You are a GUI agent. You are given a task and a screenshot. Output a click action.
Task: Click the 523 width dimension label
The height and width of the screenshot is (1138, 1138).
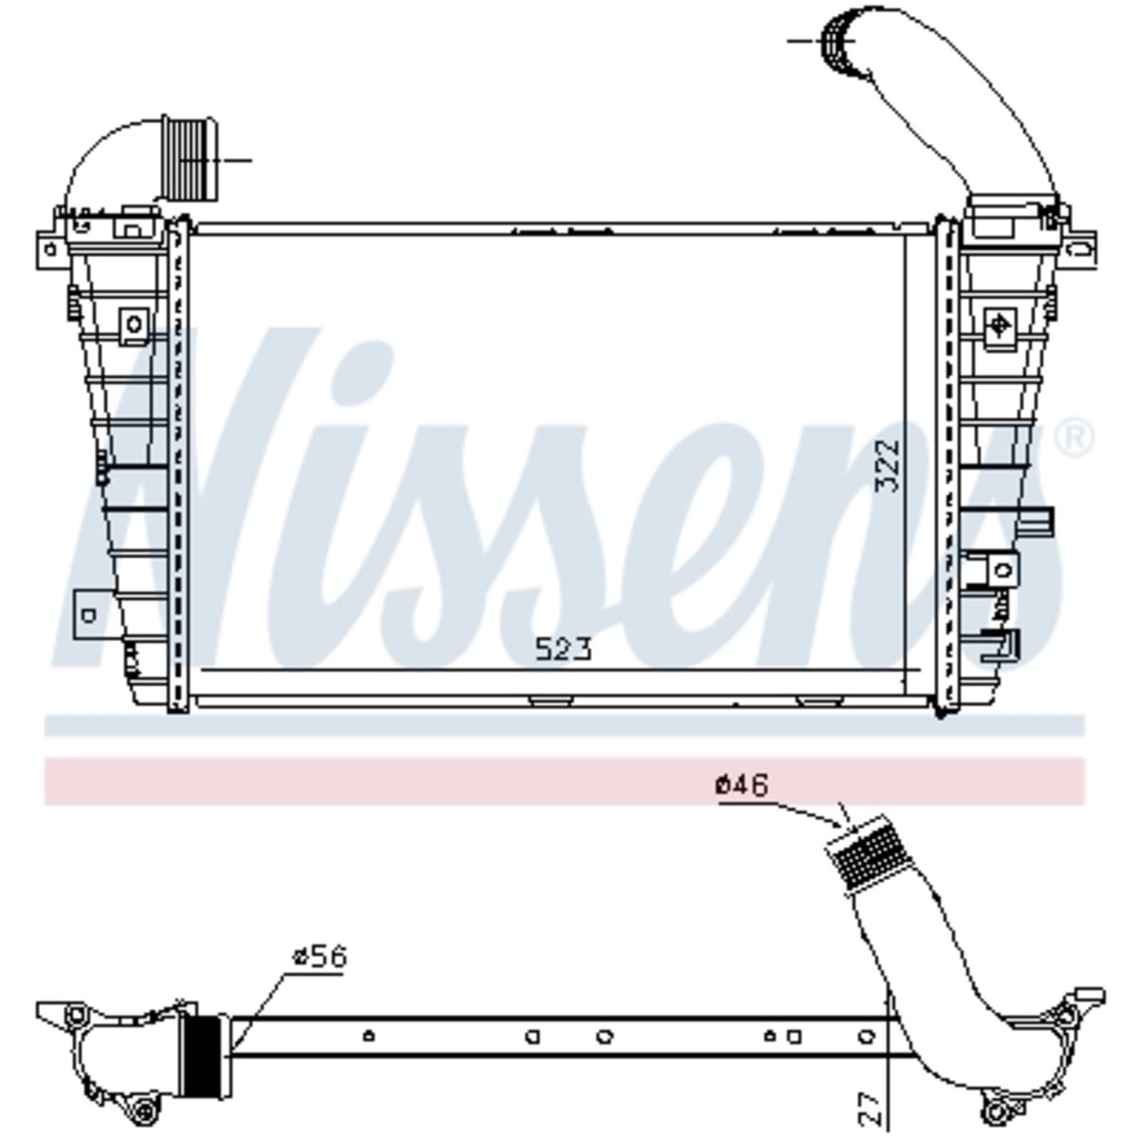pyautogui.click(x=562, y=649)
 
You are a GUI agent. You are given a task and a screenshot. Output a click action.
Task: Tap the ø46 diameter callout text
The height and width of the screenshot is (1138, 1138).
pyautogui.click(x=742, y=785)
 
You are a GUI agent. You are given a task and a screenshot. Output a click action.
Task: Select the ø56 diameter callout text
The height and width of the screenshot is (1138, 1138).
pyautogui.click(x=320, y=956)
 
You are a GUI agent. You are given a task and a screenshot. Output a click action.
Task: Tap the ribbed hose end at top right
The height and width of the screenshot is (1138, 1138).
pyautogui.click(x=839, y=45)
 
